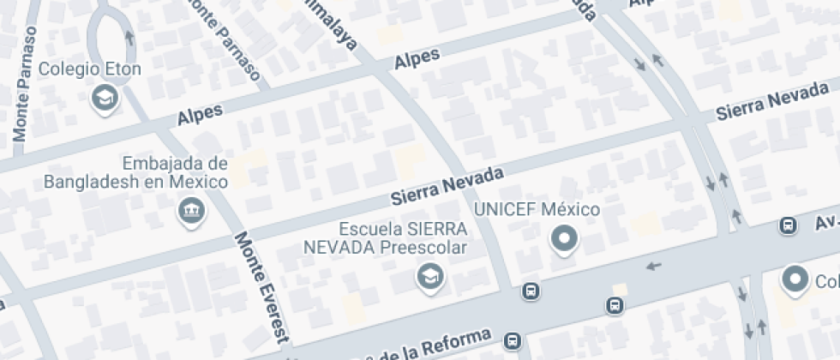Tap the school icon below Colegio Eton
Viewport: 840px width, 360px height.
[105, 98]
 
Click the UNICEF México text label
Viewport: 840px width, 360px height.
[537, 210]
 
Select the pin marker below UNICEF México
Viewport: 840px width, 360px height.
[564, 238]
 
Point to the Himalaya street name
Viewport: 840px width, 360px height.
[335, 25]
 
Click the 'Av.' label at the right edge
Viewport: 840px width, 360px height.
[820, 222]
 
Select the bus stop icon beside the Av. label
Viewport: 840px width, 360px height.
[787, 225]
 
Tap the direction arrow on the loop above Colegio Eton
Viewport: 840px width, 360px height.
[129, 38]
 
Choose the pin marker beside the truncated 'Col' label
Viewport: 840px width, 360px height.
[795, 279]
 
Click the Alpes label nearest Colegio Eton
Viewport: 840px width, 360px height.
[200, 114]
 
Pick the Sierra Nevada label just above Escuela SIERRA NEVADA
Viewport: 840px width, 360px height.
[447, 186]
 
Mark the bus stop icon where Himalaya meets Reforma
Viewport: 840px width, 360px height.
[531, 291]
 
